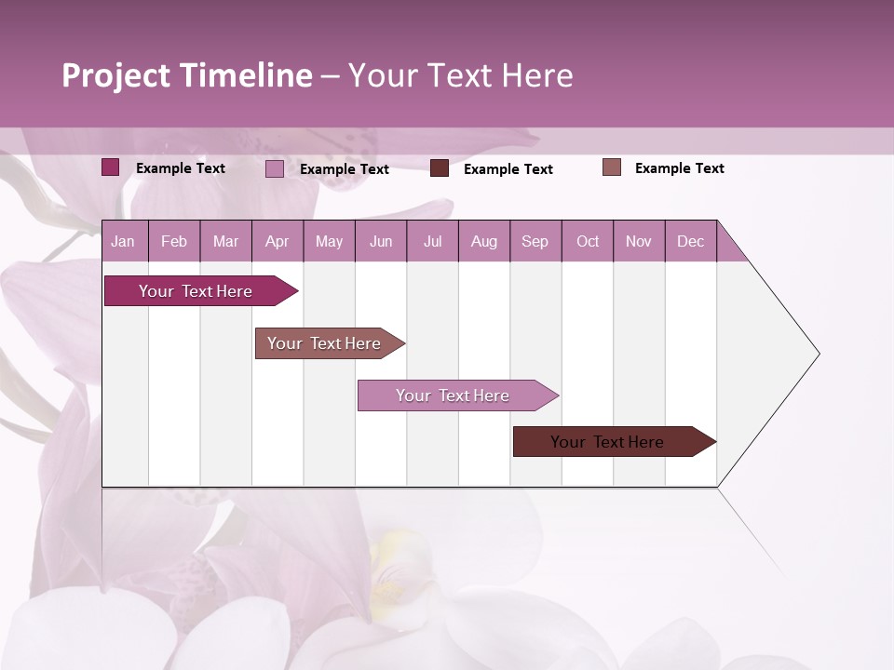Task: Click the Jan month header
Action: [x=123, y=241]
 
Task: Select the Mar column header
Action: [x=225, y=241]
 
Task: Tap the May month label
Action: [x=329, y=241]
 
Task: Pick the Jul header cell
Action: [x=432, y=241]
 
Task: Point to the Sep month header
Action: [x=535, y=241]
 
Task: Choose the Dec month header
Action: [x=690, y=241]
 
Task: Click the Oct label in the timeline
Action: [x=588, y=241]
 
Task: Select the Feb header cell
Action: [x=174, y=241]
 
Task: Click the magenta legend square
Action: [x=110, y=167]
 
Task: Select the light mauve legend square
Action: [x=274, y=168]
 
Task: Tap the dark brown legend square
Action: [x=440, y=168]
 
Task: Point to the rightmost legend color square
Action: [x=611, y=167]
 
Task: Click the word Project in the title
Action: [x=116, y=75]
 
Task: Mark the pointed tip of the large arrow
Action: [x=818, y=354]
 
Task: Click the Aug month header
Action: [x=483, y=241]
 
